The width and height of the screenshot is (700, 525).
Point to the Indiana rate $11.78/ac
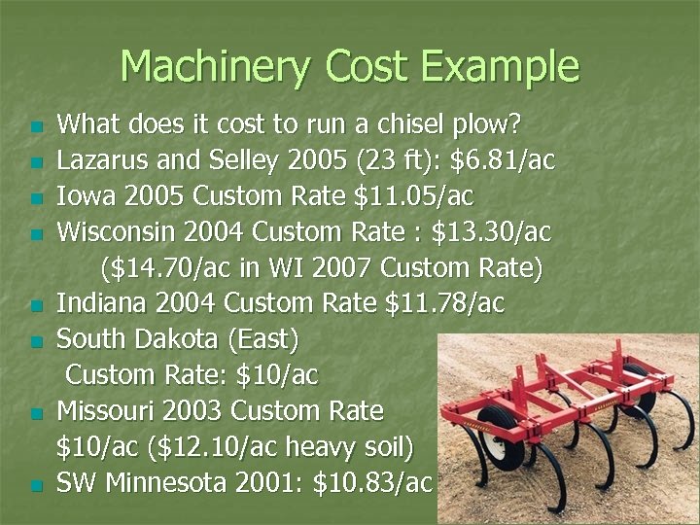[444, 304]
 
